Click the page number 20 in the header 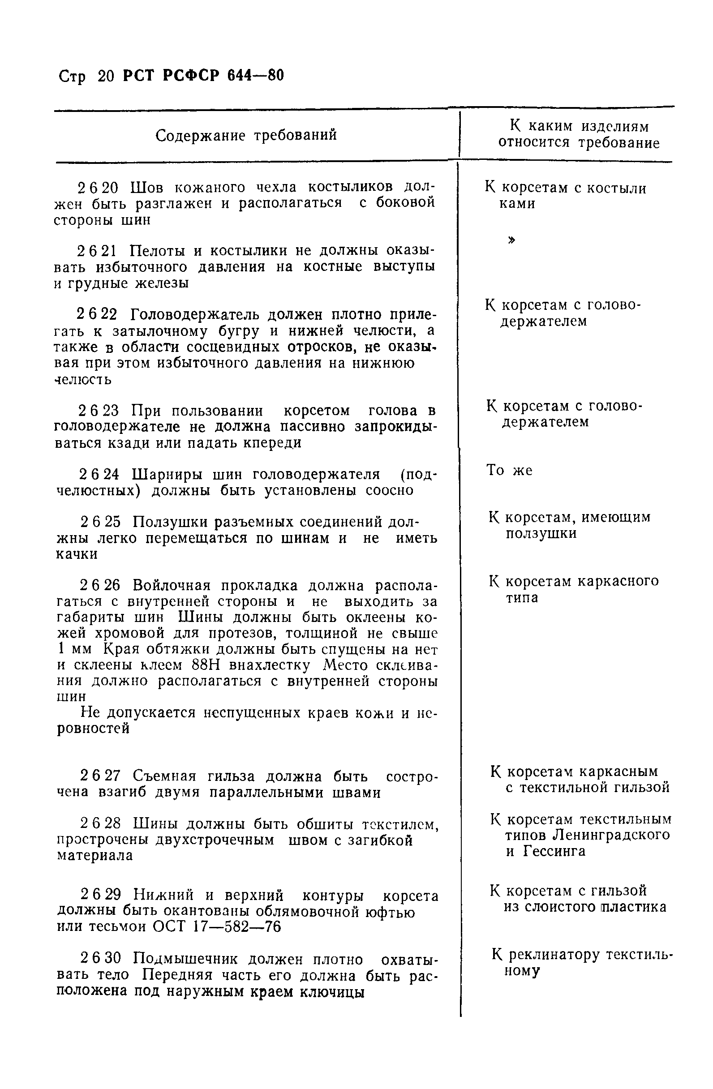coord(105,77)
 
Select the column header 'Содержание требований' coord(246,135)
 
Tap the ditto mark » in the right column coord(511,240)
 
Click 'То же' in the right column coord(509,470)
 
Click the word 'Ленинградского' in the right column coord(611,835)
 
